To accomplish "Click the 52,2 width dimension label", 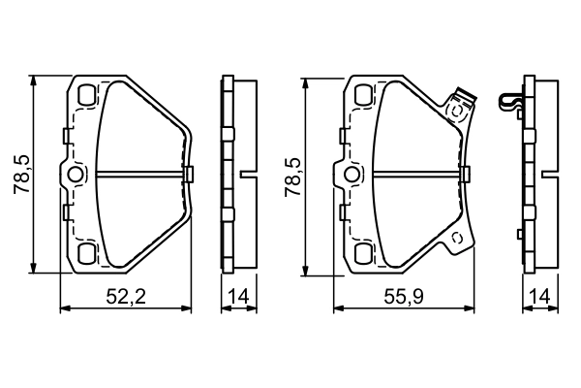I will [x=131, y=299].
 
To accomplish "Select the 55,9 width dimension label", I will [x=401, y=299].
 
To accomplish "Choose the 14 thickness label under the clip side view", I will [x=539, y=299].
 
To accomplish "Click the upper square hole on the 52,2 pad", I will [x=85, y=96].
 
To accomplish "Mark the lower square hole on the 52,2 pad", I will [x=85, y=254].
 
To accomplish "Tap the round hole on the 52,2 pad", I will [x=76, y=175].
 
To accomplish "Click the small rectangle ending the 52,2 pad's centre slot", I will [x=188, y=175].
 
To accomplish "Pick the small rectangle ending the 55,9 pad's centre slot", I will [x=465, y=175].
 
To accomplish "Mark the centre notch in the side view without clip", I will [x=248, y=176].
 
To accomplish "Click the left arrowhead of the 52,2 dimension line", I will [x=65, y=309].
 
